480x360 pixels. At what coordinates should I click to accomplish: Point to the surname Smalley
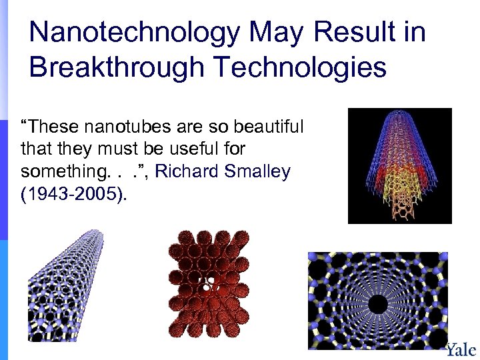pos(258,172)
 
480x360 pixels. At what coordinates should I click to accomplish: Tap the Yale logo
pos(461,349)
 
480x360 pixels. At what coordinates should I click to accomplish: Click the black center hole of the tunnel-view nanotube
pos(378,305)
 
